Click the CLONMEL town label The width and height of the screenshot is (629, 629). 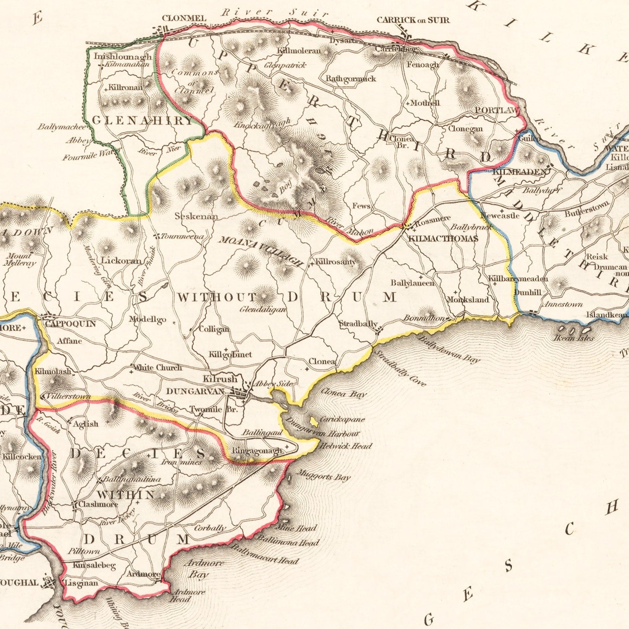184,18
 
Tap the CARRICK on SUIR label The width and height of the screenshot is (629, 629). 413,20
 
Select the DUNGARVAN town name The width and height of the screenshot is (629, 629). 195,391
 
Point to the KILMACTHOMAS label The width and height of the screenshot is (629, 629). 443,239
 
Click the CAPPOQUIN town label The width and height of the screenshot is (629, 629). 70,324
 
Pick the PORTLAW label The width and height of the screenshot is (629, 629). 497,110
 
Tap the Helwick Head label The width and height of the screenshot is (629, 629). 346,446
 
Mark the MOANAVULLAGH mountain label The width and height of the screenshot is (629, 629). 260,251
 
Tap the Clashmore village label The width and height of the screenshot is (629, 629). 98,504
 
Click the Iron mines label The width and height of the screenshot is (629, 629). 182,462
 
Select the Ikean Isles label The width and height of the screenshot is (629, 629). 574,338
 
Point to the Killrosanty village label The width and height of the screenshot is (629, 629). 335,262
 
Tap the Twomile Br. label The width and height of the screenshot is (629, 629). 213,409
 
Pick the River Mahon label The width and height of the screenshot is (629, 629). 350,226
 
